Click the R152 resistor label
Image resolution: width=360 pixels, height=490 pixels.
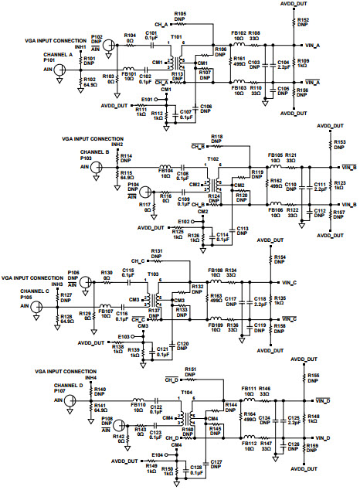304,19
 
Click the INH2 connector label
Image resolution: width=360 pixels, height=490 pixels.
118,145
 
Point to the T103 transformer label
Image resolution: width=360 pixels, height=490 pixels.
153,274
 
